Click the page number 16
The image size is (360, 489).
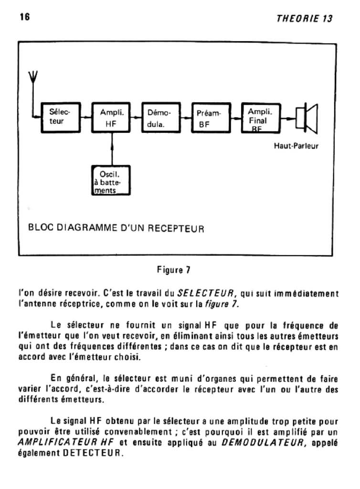(25, 18)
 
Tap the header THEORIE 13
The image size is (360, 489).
(304, 19)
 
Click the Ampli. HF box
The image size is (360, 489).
(112, 117)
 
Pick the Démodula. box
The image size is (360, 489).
(162, 117)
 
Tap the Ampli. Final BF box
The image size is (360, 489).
(260, 117)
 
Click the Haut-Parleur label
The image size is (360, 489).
(296, 146)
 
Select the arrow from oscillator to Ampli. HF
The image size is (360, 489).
(112, 148)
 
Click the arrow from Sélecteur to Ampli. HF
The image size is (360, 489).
(85, 117)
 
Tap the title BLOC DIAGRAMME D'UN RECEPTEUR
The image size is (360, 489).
(116, 228)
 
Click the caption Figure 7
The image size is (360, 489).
(174, 270)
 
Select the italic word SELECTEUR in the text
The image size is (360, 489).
(206, 293)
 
